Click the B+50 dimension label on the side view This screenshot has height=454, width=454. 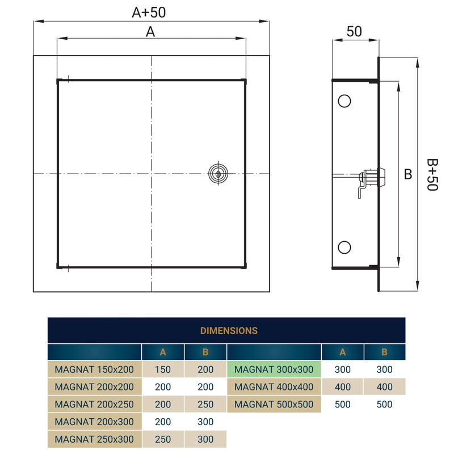[x=432, y=175]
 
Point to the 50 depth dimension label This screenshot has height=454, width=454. [x=354, y=32]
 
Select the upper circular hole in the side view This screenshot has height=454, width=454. [x=344, y=101]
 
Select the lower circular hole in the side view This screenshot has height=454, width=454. [x=344, y=247]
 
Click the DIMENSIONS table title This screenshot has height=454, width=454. [x=229, y=330]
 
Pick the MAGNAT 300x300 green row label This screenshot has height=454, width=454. [x=274, y=369]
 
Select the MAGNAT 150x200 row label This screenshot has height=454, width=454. [x=94, y=369]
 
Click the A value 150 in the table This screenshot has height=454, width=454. [x=163, y=369]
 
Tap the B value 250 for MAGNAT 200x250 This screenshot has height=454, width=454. [x=205, y=405]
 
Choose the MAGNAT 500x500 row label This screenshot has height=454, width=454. [x=274, y=405]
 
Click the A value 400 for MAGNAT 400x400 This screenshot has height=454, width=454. [x=342, y=387]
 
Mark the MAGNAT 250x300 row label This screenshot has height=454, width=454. [x=94, y=439]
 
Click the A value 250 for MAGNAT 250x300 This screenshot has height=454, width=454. [x=163, y=439]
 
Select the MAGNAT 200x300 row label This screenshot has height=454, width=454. [x=94, y=422]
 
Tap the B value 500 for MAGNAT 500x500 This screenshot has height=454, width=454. [x=384, y=405]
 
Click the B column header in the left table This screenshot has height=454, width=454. [x=205, y=352]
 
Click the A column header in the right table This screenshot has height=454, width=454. [x=342, y=352]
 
